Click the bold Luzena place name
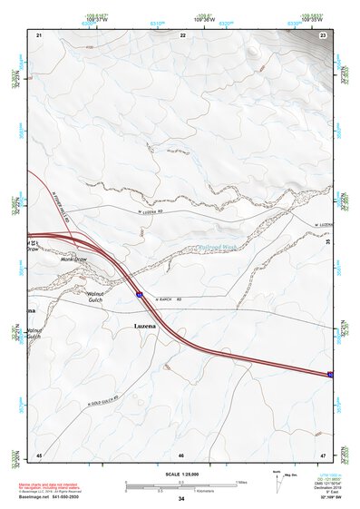(x=146, y=327)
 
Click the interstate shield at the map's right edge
(x=330, y=374)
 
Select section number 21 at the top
(x=39, y=34)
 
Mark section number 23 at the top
(x=324, y=34)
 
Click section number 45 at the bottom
(x=39, y=454)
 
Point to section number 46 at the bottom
(x=181, y=454)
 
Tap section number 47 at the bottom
(x=324, y=454)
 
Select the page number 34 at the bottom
(x=181, y=500)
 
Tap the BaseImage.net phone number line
(x=54, y=500)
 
